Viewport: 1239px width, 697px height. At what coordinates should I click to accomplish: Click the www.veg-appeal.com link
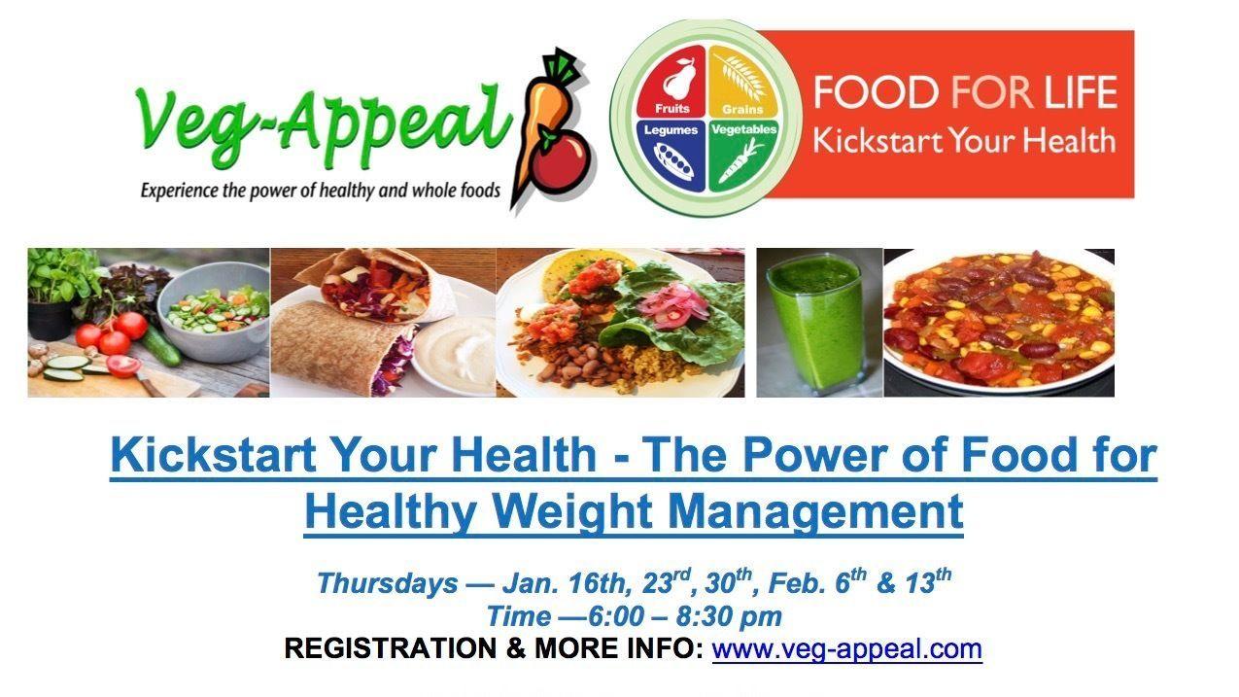tap(846, 648)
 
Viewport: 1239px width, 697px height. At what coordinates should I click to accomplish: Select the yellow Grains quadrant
tap(741, 82)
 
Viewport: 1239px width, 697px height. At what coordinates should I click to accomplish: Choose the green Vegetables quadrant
tap(742, 156)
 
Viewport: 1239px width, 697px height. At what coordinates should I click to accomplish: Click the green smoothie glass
tap(816, 324)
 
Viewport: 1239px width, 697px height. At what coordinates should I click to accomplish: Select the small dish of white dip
tap(456, 354)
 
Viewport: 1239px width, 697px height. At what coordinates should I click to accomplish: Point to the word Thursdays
tap(387, 584)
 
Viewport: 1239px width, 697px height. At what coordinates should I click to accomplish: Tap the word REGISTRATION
tap(391, 648)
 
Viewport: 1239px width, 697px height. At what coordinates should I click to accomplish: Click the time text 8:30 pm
tap(729, 616)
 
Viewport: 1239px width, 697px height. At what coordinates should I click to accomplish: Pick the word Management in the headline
tap(816, 512)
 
